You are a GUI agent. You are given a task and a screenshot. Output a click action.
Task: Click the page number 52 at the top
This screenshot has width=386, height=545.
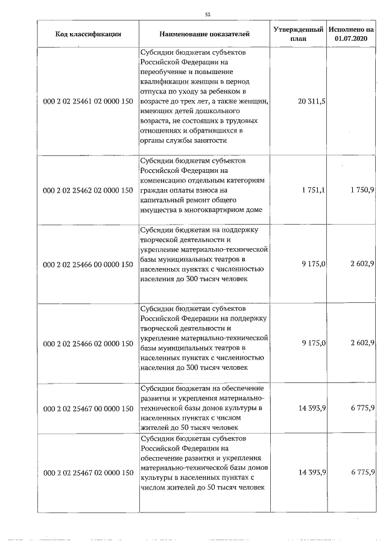click(207, 14)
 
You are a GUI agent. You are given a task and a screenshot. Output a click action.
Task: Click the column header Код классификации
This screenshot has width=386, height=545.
click(88, 34)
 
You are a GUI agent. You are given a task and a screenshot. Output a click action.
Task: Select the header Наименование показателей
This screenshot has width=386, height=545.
click(204, 34)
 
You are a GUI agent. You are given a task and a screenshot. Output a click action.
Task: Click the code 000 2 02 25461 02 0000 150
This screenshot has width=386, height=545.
click(88, 102)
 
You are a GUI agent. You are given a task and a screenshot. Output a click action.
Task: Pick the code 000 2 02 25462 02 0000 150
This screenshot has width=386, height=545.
click(88, 190)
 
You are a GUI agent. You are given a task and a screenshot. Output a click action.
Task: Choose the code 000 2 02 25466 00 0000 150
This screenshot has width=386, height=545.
click(88, 264)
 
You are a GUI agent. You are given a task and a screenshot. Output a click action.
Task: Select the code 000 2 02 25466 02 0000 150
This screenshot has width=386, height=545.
click(88, 343)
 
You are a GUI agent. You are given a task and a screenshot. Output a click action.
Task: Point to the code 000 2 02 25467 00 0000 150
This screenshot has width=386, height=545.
click(88, 408)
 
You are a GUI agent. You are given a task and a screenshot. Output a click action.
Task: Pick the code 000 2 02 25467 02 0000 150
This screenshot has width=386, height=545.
click(88, 472)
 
